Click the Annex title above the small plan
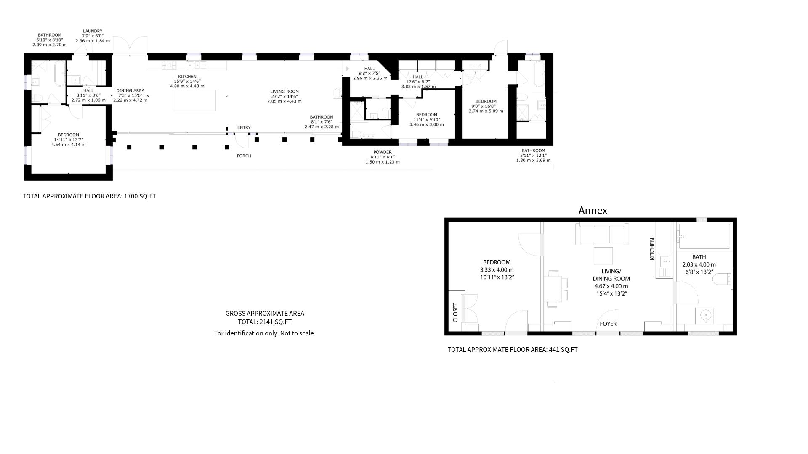(x=593, y=211)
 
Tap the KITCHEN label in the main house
(x=187, y=77)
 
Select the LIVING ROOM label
(x=284, y=92)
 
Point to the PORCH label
(x=244, y=156)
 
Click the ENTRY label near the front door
(x=244, y=127)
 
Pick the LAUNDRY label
(x=93, y=31)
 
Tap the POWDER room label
(x=382, y=153)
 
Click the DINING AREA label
(x=130, y=90)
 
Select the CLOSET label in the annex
(x=455, y=312)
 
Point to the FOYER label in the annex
(x=608, y=324)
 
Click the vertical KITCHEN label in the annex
(x=652, y=249)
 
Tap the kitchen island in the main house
(x=194, y=100)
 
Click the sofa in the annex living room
(x=602, y=234)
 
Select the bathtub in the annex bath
(x=704, y=237)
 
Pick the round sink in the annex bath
(x=704, y=315)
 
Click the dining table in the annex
(x=553, y=288)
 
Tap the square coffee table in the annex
(x=603, y=256)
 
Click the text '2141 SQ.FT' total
(x=275, y=322)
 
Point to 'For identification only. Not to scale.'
(x=265, y=333)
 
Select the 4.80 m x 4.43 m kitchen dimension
(x=187, y=86)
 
